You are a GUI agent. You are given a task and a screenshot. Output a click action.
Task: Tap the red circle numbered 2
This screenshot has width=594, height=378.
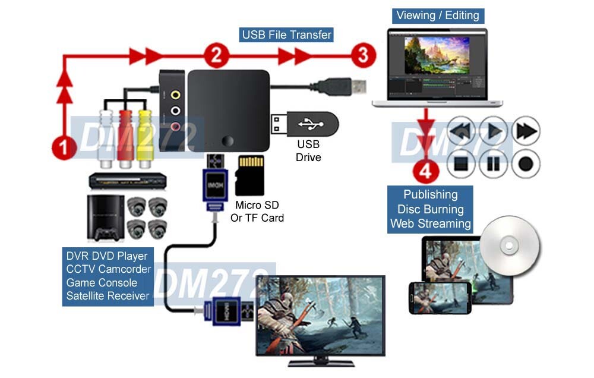[x=216, y=56]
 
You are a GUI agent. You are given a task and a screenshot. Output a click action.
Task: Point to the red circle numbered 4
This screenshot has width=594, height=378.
[x=425, y=173]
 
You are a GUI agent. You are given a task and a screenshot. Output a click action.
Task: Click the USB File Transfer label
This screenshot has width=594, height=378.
[x=286, y=34]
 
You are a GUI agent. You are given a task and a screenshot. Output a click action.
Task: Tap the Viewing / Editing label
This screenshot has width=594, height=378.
[x=437, y=15]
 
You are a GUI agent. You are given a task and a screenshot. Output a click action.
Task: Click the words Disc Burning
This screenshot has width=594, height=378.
[x=430, y=209]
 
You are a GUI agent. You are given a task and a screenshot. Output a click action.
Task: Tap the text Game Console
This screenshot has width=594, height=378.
[x=102, y=282]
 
